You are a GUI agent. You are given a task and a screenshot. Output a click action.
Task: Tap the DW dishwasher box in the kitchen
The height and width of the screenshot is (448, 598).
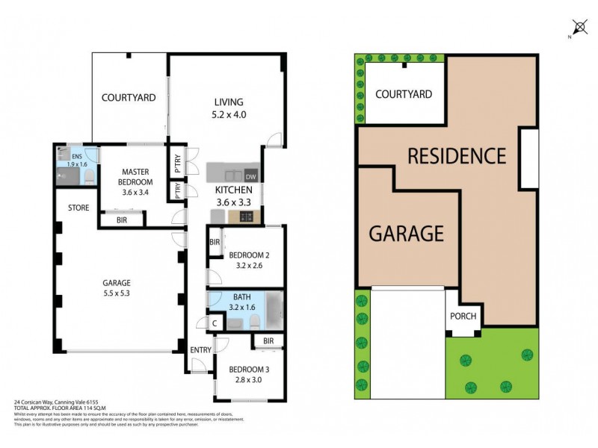(x=250, y=176)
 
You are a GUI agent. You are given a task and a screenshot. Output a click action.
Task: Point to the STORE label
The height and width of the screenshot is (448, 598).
(x=79, y=208)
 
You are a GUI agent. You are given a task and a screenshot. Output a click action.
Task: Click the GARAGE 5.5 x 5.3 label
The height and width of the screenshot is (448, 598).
(x=117, y=288)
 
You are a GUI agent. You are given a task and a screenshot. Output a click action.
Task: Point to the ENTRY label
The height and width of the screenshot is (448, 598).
(x=200, y=350)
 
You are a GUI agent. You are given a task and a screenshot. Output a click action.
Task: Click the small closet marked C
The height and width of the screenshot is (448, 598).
(x=215, y=323)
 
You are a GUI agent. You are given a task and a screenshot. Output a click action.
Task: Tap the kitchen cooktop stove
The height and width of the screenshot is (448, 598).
(x=245, y=217)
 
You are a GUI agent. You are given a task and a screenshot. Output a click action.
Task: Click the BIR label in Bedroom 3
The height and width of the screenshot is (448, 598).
(x=268, y=342)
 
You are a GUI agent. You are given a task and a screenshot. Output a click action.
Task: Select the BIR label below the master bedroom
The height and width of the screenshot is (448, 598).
(x=122, y=220)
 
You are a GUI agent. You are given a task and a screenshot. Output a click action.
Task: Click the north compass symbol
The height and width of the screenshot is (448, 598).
(x=577, y=27)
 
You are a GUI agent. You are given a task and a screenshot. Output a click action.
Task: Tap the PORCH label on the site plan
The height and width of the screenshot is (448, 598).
(x=463, y=315)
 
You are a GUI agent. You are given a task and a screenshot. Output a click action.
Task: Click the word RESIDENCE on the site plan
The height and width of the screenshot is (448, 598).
(x=457, y=156)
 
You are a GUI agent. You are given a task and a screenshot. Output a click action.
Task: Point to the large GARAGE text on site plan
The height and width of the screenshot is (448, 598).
(x=407, y=233)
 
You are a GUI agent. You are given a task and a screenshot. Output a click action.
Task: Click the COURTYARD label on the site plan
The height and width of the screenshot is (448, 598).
(x=404, y=94)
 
